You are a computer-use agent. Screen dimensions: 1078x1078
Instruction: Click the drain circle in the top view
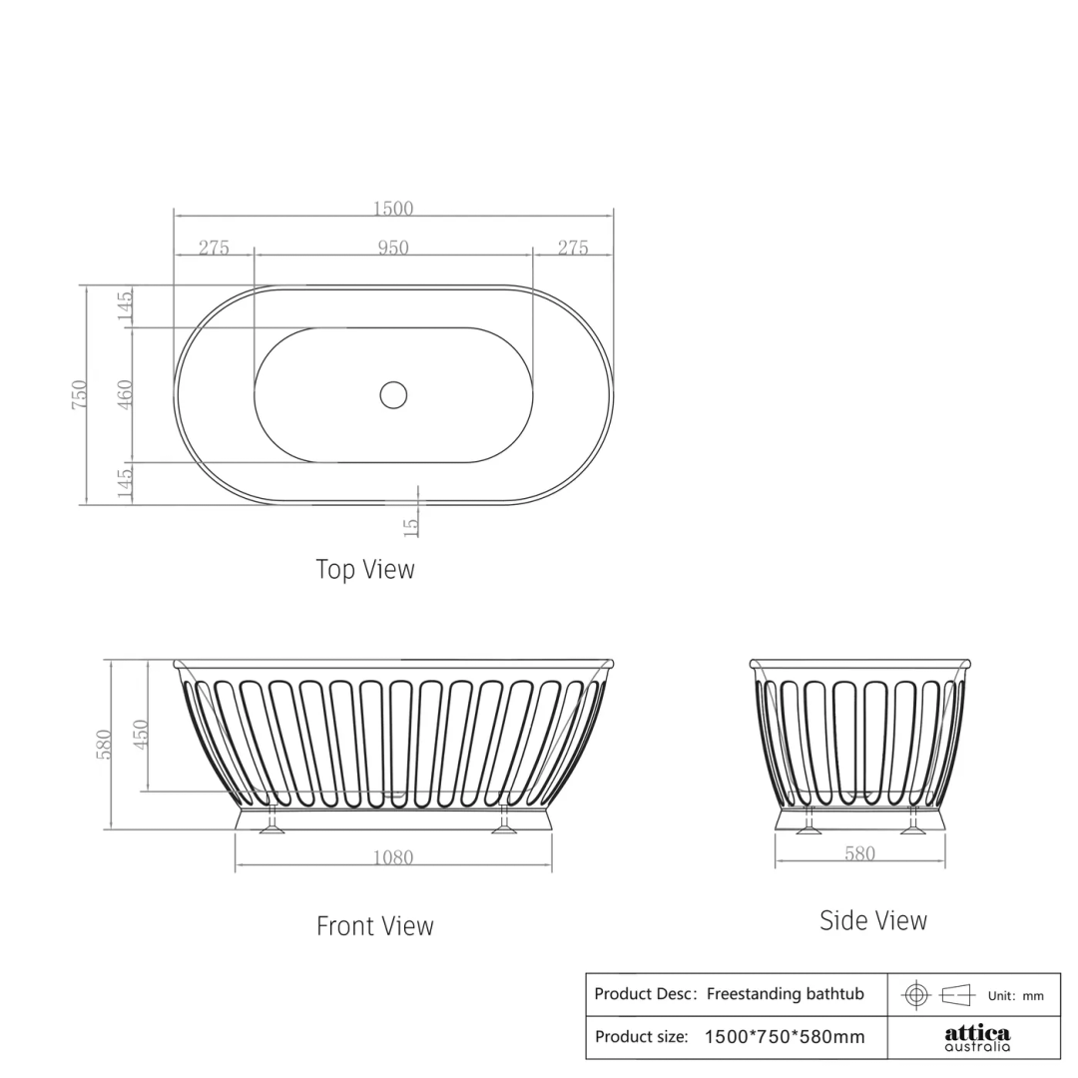click(393, 394)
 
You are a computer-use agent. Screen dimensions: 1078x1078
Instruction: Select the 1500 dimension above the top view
click(393, 209)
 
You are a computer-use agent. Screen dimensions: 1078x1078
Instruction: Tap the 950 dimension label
click(393, 248)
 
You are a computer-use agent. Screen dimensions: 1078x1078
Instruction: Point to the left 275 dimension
click(214, 248)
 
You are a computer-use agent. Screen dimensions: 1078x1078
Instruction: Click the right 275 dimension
click(573, 248)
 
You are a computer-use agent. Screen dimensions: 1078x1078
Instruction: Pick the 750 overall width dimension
click(80, 394)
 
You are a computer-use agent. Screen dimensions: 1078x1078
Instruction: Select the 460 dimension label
click(126, 394)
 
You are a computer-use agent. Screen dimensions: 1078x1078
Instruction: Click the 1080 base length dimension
click(393, 857)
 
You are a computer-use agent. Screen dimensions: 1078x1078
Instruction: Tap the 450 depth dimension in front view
click(141, 735)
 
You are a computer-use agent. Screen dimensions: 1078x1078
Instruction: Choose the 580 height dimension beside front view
click(104, 744)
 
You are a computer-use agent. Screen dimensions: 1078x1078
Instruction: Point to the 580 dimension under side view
click(859, 853)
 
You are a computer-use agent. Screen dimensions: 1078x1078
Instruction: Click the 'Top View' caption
click(365, 569)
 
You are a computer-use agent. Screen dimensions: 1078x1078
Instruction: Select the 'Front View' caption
click(375, 926)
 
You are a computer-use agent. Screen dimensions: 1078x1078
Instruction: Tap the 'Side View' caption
click(873, 920)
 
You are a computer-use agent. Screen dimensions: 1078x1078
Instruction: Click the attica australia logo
click(977, 1037)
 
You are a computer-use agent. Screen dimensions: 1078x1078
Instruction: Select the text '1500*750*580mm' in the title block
click(785, 1037)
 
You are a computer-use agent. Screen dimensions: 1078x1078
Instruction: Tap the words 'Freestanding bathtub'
click(786, 994)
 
